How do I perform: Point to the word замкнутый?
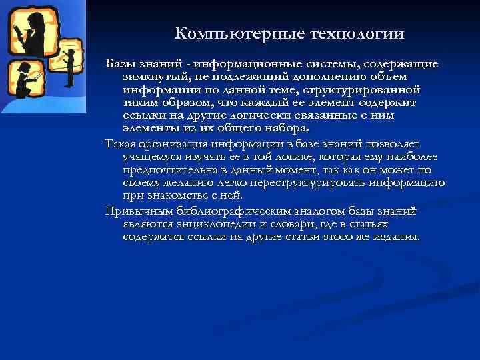(x=151, y=77)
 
